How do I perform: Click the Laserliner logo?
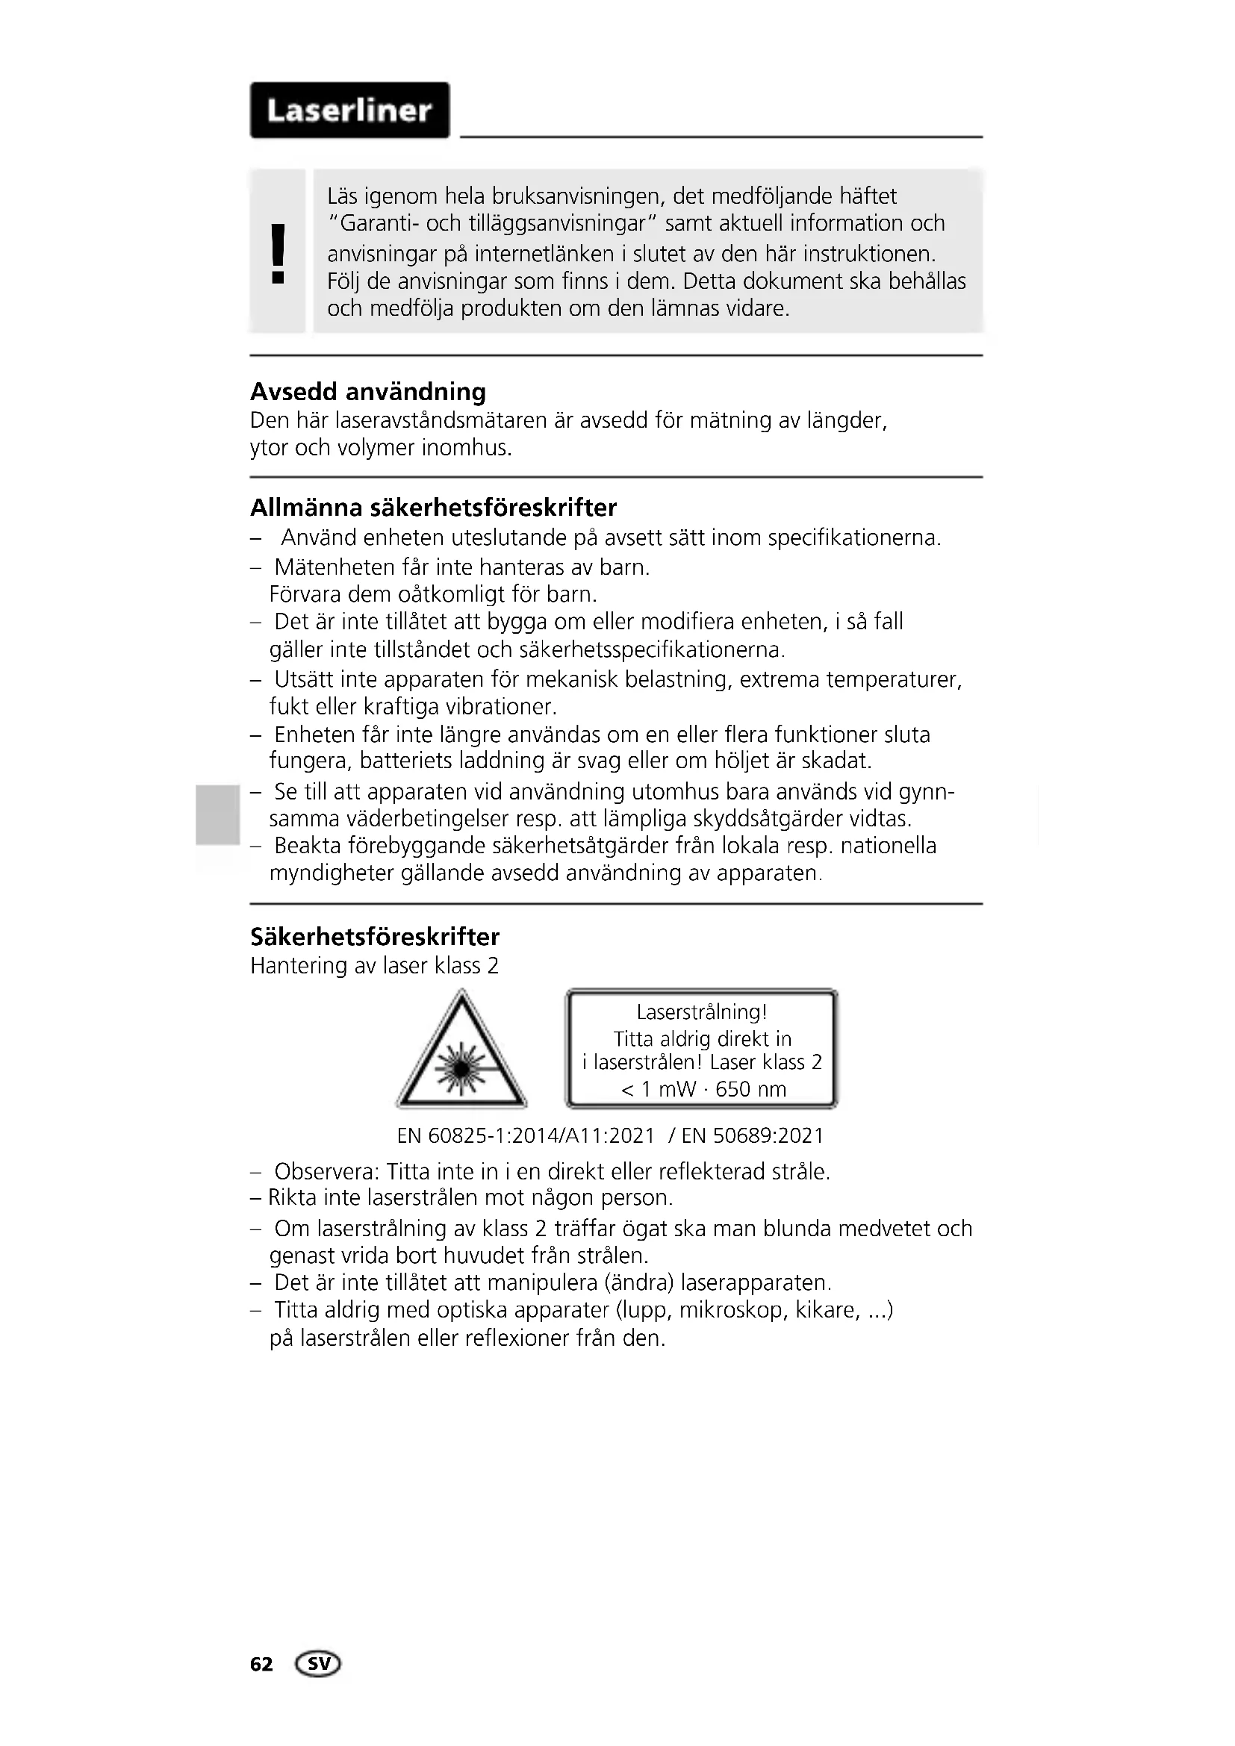click(x=349, y=111)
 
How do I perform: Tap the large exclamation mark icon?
click(x=279, y=253)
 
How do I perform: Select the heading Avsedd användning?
click(x=368, y=392)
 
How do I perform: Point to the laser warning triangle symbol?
click(x=461, y=1053)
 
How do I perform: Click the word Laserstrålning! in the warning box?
click(x=702, y=1012)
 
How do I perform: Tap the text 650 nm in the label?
click(x=750, y=1089)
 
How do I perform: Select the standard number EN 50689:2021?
click(x=753, y=1135)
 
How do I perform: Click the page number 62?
click(x=261, y=1665)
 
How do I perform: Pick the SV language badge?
click(x=320, y=1664)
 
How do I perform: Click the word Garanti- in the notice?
click(x=373, y=224)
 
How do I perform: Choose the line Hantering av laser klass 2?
click(x=374, y=966)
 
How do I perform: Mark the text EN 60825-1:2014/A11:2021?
click(x=526, y=1135)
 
